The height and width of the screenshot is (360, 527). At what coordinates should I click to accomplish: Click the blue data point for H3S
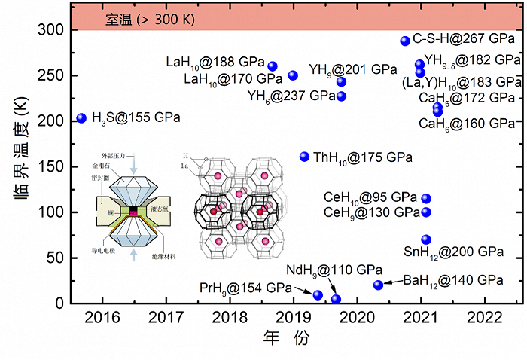coord(81,117)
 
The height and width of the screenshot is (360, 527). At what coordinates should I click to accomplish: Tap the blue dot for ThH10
coord(304,157)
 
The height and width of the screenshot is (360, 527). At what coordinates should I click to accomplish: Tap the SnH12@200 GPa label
coord(463,251)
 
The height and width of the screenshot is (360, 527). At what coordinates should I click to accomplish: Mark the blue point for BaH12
coord(378,285)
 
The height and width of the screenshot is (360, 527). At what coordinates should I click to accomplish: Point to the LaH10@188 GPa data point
coord(273,66)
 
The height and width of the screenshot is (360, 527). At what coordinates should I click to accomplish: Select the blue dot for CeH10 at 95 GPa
coord(426,199)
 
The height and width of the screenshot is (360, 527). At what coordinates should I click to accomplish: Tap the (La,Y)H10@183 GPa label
coord(462,81)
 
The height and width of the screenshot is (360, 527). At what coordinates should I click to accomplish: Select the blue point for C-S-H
coord(405,41)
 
